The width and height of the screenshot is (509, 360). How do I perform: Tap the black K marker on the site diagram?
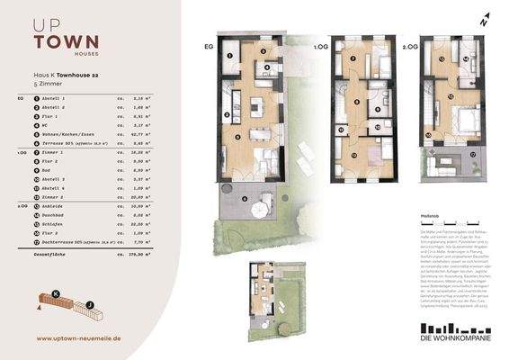point(56,293)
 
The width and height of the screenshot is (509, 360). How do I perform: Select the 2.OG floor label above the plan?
point(409,44)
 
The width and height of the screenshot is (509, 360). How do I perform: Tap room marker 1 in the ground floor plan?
point(230,56)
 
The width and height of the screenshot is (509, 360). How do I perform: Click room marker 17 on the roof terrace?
point(471,154)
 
